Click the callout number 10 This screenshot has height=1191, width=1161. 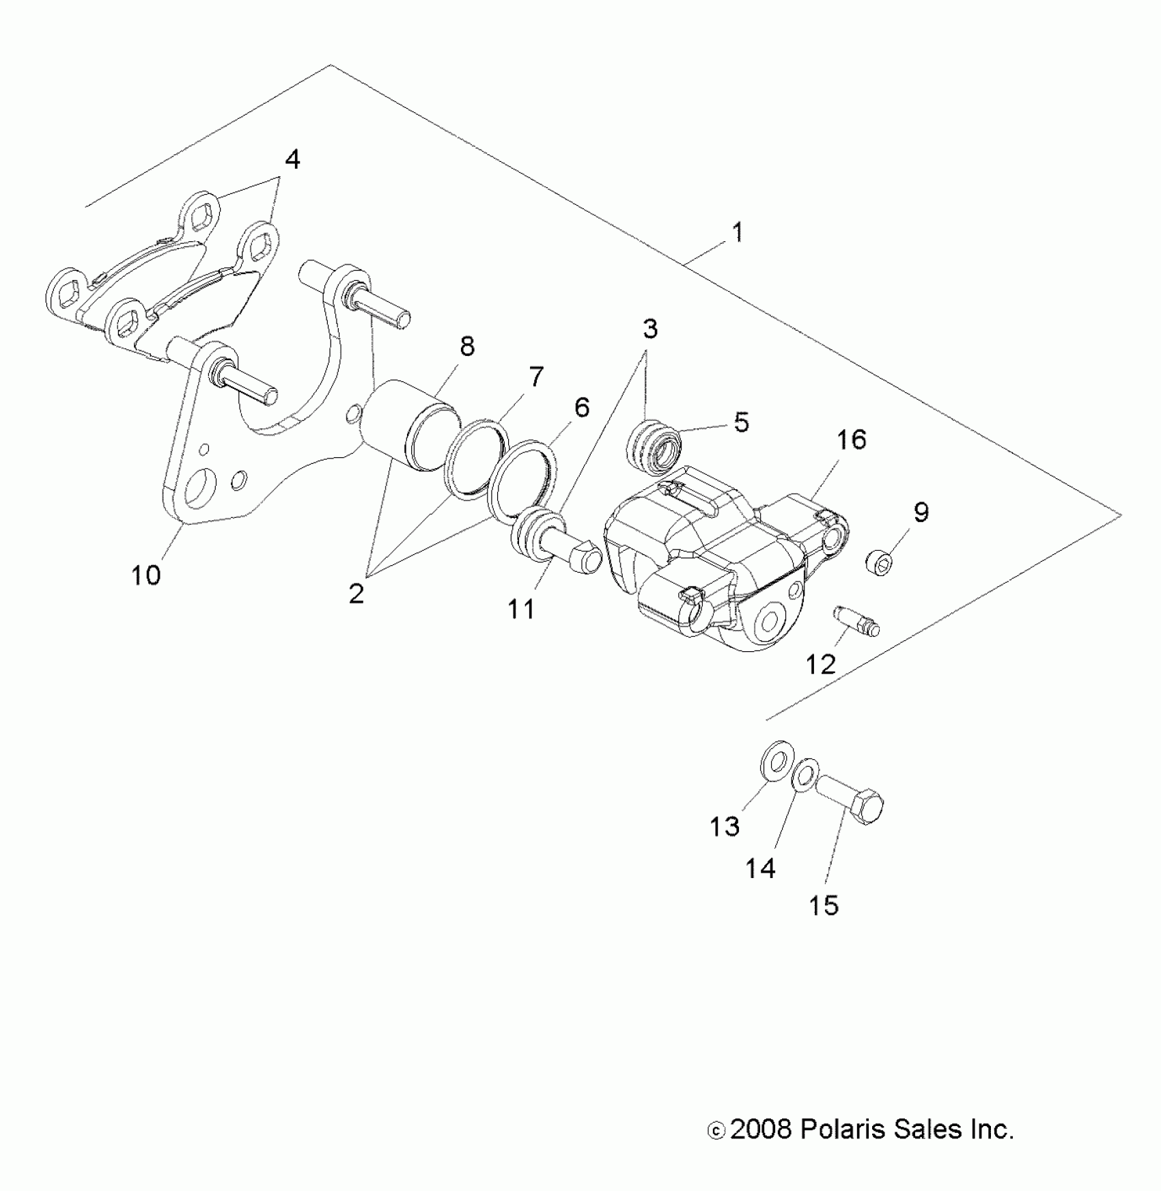click(146, 575)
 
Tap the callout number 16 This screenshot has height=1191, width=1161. click(851, 439)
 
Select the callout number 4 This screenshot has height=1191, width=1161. click(292, 160)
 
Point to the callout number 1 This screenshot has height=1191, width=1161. click(738, 232)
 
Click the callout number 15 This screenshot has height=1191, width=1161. click(824, 905)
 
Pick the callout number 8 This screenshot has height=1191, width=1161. click(467, 347)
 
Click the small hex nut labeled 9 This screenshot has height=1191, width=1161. click(881, 564)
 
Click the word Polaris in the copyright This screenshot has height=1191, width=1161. click(838, 1130)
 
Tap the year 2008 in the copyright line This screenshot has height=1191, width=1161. click(759, 1130)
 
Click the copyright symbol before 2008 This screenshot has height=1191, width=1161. click(716, 1132)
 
